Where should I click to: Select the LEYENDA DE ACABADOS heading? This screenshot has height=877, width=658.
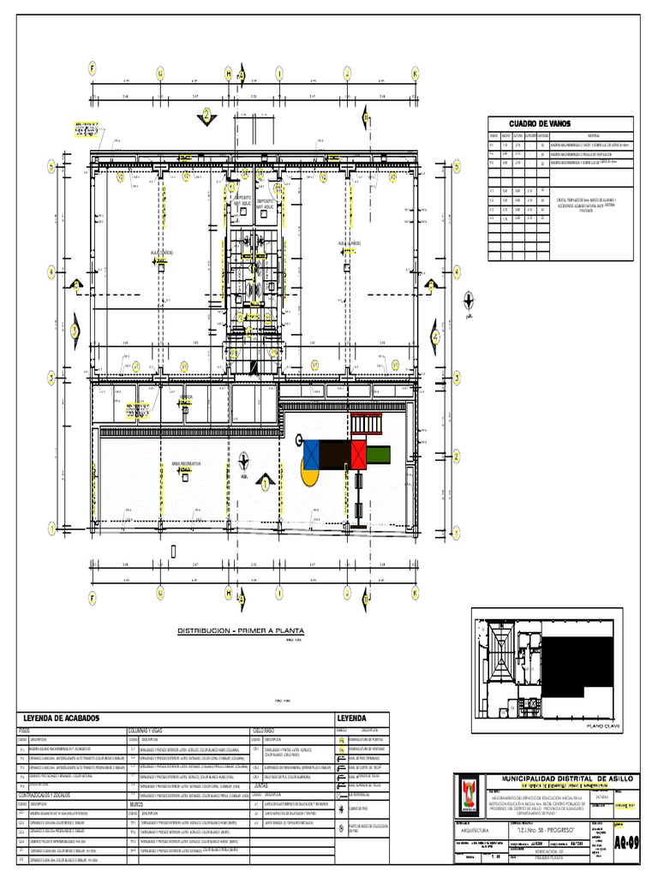[x=62, y=718]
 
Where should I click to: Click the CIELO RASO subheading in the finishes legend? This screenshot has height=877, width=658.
[x=264, y=731]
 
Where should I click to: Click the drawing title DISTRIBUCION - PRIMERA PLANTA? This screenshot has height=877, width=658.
[x=241, y=632]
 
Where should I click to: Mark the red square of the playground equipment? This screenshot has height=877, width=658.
[x=356, y=451]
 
